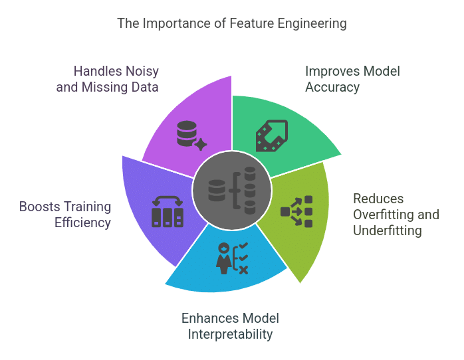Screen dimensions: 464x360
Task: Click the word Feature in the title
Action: tap(252, 23)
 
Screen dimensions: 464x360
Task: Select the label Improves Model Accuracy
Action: tap(352, 79)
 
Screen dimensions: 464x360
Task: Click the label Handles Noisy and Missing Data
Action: tap(108, 79)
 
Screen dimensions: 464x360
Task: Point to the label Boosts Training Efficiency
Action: tap(65, 215)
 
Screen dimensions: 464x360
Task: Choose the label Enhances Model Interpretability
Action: tap(230, 326)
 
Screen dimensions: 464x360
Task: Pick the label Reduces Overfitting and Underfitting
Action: tap(396, 215)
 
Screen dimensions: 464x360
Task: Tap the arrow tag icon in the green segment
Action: tap(272, 135)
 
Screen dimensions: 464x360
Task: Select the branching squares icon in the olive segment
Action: tap(296, 212)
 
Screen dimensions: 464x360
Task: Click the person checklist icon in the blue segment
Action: tap(232, 258)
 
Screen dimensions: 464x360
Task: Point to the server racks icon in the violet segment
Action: tap(168, 212)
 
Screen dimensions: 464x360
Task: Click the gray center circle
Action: tap(232, 191)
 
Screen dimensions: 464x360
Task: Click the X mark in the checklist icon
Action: tap(243, 270)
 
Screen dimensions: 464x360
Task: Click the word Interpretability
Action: tap(230, 335)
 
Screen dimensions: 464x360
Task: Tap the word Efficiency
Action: tap(82, 223)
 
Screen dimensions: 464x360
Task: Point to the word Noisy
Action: tap(142, 72)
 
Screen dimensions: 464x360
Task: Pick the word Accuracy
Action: tap(332, 88)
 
